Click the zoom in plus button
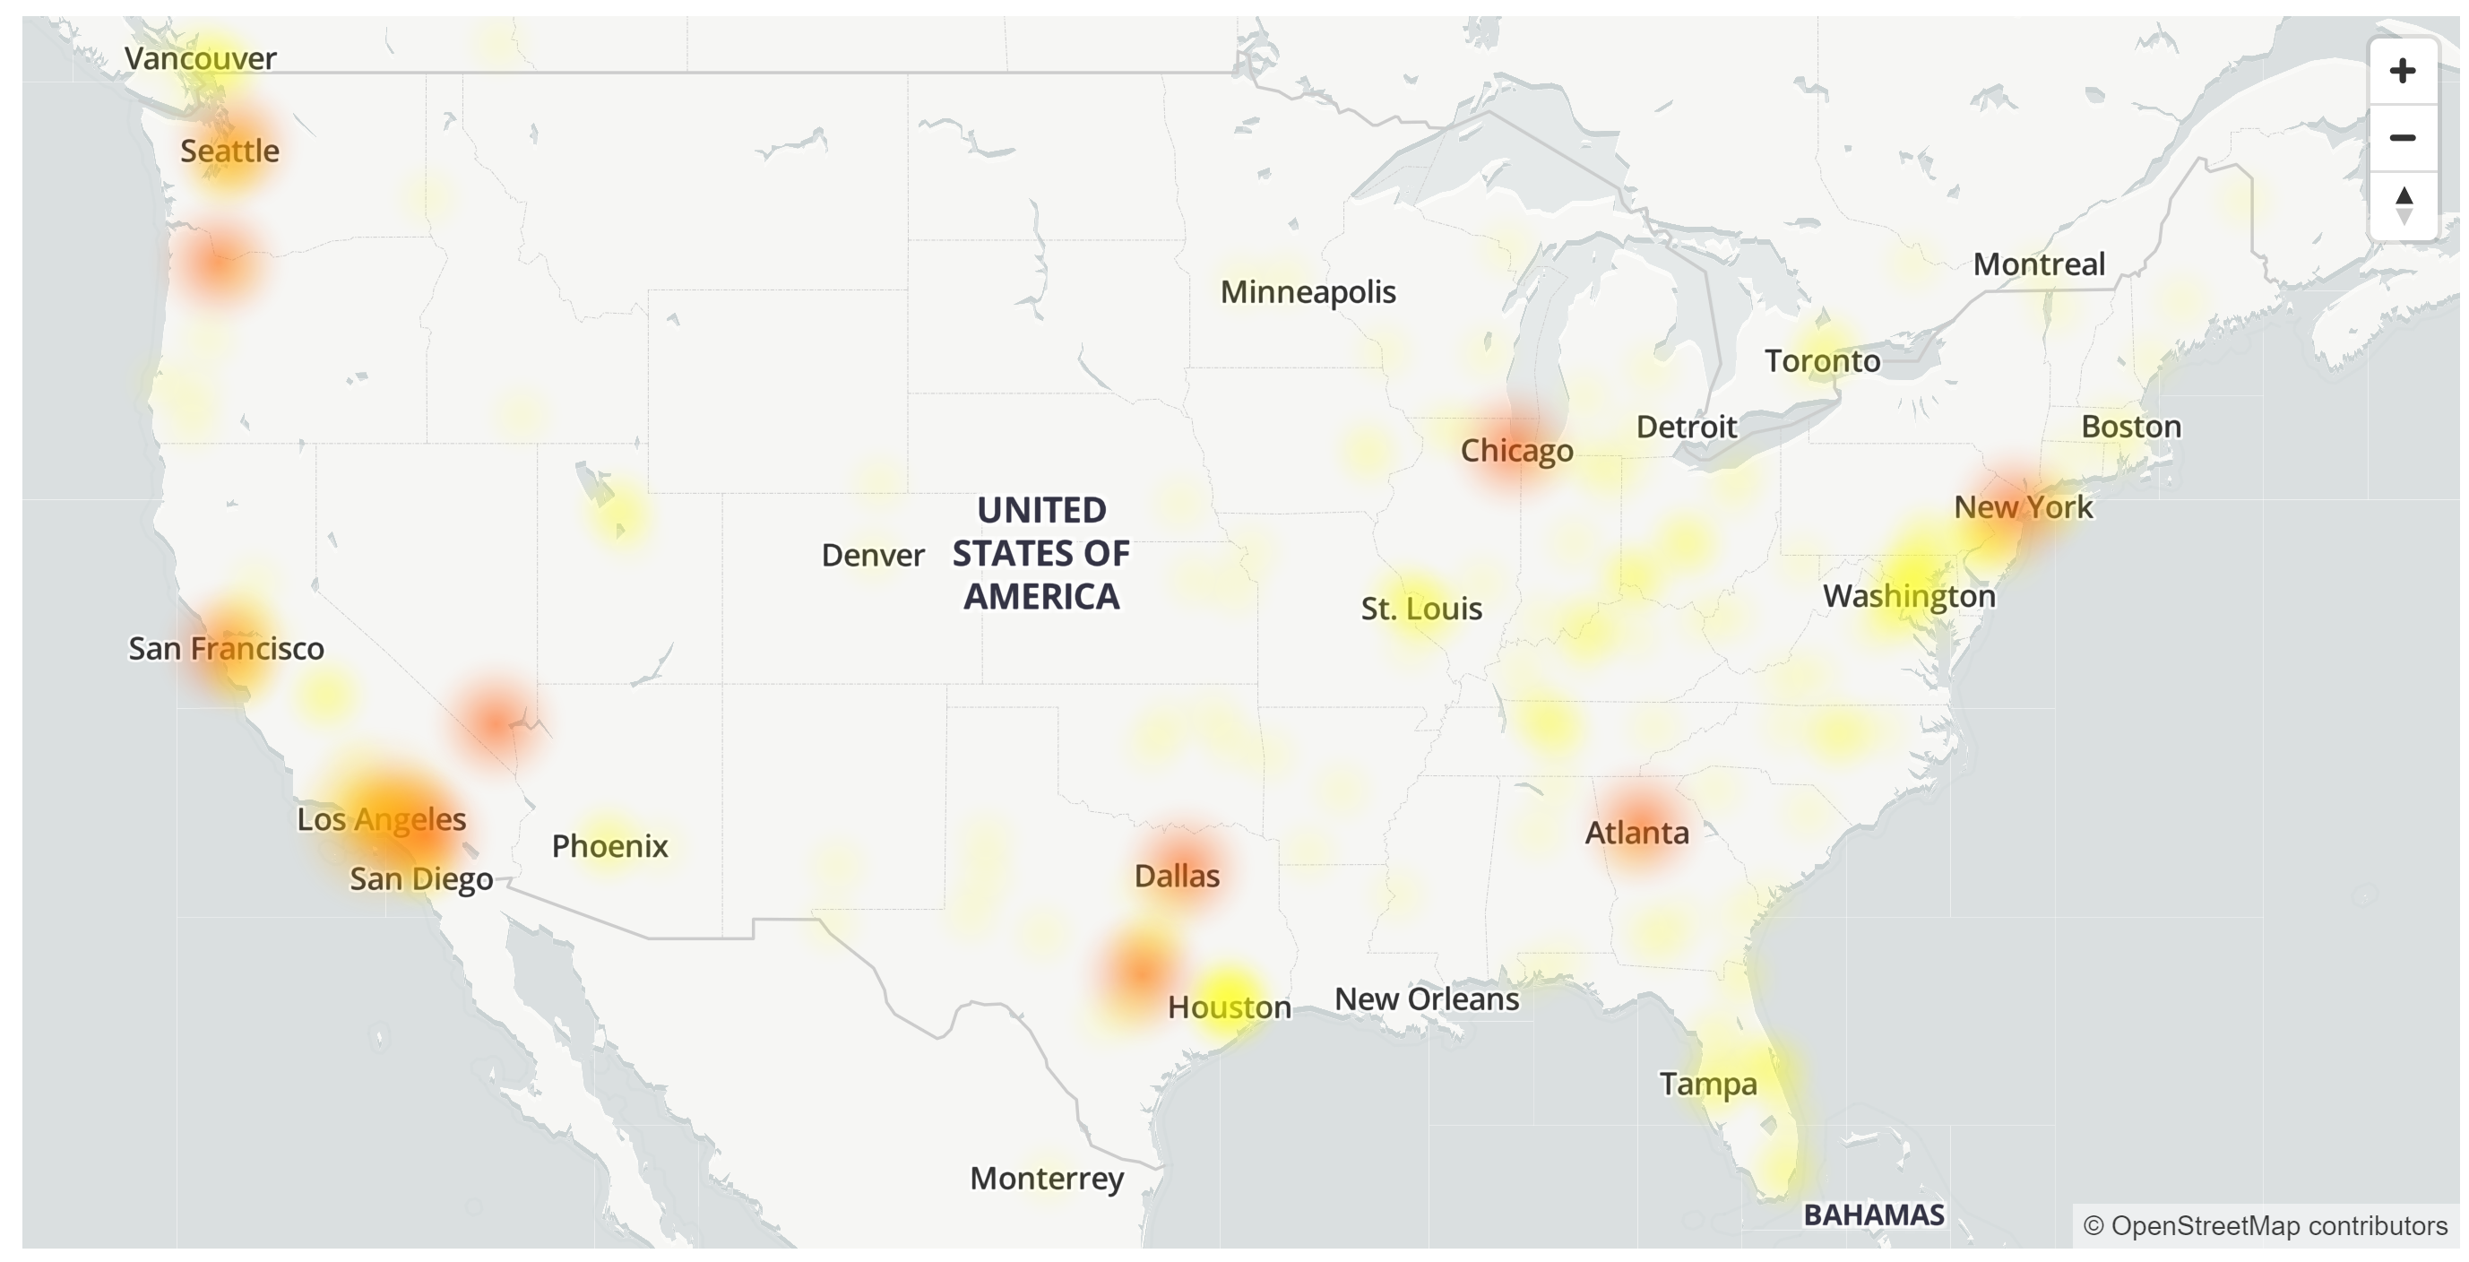(x=2402, y=71)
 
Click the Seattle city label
(x=230, y=151)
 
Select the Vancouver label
(x=201, y=58)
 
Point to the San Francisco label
(x=226, y=649)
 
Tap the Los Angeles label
(x=382, y=819)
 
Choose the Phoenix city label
(x=609, y=846)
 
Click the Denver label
(x=872, y=555)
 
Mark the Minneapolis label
(x=1308, y=292)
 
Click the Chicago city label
(x=1516, y=450)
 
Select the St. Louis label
(x=1421, y=609)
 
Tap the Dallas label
(x=1176, y=876)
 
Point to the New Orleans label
(x=1426, y=999)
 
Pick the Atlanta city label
(x=1636, y=833)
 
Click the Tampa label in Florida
(x=1708, y=1084)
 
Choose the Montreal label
(x=2039, y=264)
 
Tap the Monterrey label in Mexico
(x=1047, y=1178)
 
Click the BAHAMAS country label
(x=1874, y=1215)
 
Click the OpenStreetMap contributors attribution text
(x=2265, y=1225)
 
